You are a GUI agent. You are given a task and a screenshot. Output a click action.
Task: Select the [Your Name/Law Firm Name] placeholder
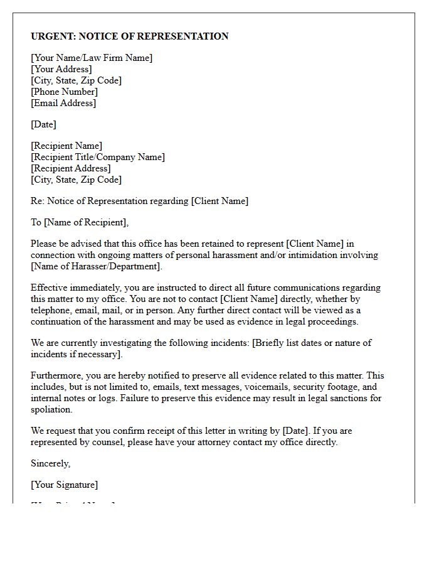[x=92, y=58]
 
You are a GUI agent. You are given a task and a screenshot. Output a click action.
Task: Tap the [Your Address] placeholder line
[x=61, y=69]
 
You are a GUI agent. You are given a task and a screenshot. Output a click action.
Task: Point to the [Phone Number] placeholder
[x=65, y=92]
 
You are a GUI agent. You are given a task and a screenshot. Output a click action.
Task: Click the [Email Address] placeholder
[x=63, y=103]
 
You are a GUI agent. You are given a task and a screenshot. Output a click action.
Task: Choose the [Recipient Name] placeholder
[x=66, y=146]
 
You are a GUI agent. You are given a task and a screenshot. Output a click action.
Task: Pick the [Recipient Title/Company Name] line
[x=98, y=157]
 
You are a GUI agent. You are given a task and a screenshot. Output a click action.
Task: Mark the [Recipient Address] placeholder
[x=71, y=168]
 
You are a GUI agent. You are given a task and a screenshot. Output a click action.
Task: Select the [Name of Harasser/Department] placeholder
[x=96, y=266]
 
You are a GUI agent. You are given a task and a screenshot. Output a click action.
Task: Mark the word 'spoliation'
[x=51, y=409]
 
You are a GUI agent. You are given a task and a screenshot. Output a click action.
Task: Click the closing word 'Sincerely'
[x=50, y=463]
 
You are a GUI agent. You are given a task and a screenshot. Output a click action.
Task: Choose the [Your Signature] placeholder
[x=65, y=485]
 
